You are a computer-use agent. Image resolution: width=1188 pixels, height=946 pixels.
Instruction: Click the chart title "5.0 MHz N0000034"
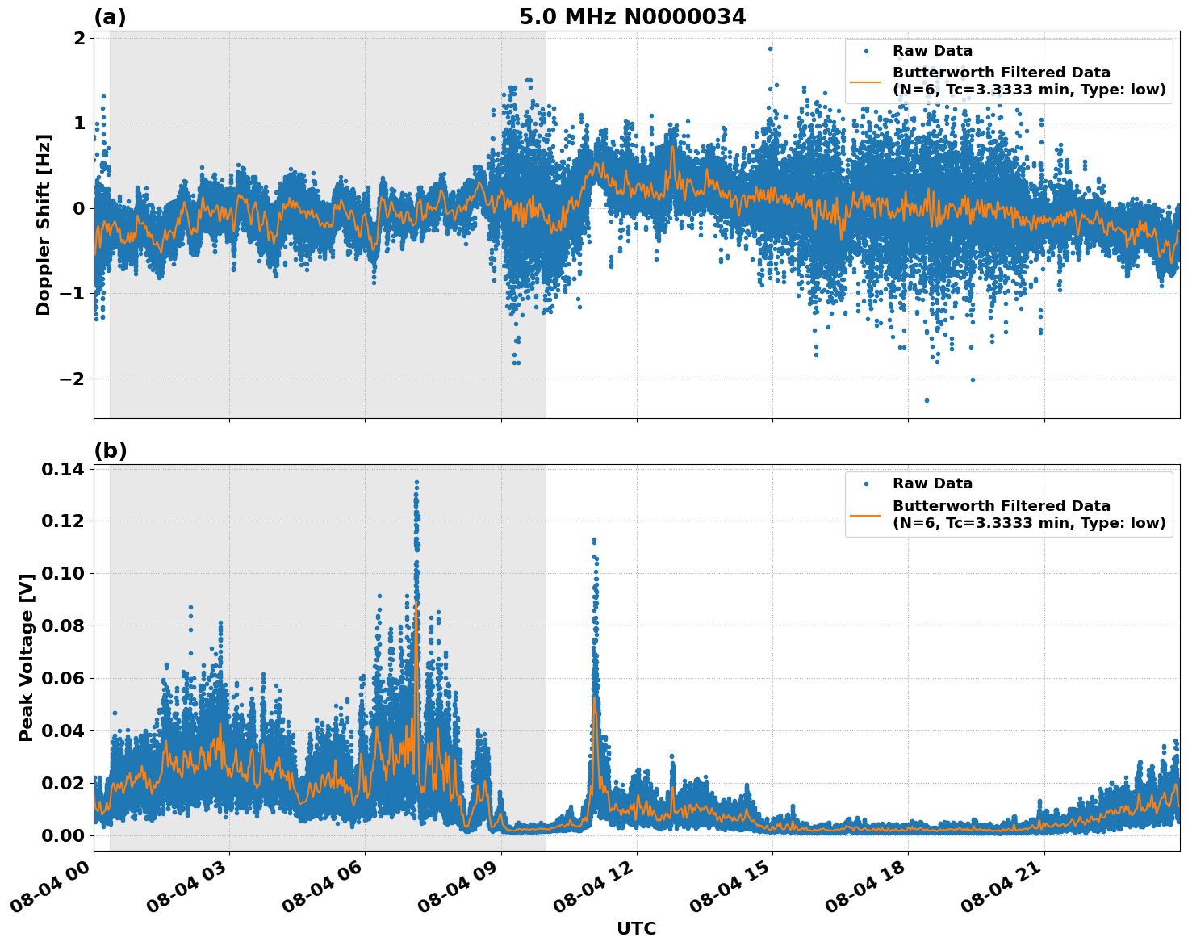pyautogui.click(x=632, y=16)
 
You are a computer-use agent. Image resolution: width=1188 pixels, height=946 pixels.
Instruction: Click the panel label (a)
pyautogui.click(x=110, y=17)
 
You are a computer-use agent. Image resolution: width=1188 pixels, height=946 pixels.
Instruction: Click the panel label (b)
pyautogui.click(x=110, y=450)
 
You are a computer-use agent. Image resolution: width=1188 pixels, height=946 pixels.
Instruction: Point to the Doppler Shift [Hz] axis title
pyautogui.click(x=44, y=224)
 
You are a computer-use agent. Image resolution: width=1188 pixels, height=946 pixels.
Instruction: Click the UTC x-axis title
pyautogui.click(x=636, y=928)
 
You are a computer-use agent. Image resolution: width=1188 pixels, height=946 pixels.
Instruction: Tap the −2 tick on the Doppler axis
pyautogui.click(x=74, y=379)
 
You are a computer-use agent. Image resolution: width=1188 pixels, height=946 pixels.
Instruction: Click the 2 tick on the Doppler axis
pyautogui.click(x=80, y=39)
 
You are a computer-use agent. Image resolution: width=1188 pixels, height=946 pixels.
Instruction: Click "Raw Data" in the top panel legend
pyautogui.click(x=932, y=51)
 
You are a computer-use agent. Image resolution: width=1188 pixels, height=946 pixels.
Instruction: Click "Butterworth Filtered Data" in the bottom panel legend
pyautogui.click(x=1001, y=506)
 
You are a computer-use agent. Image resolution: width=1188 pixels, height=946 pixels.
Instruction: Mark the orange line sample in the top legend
pyautogui.click(x=865, y=82)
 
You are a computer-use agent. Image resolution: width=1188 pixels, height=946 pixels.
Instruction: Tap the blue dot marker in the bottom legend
pyautogui.click(x=865, y=483)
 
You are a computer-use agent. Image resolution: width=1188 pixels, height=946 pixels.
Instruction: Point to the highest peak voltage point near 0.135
pyautogui.click(x=416, y=483)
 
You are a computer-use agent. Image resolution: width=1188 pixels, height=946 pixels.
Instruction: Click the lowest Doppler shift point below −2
pyautogui.click(x=927, y=400)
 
